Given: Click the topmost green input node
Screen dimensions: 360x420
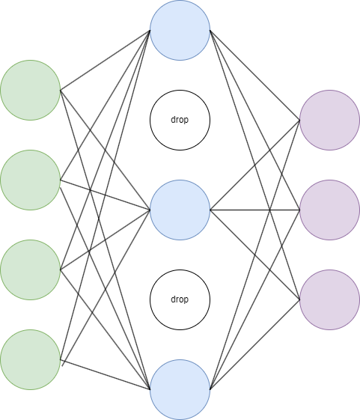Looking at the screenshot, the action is pos(30,91).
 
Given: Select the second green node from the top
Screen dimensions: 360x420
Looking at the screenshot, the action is pos(30,180).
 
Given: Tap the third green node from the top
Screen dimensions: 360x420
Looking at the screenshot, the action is pos(30,270).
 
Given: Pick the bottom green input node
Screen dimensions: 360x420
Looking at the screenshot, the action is pos(30,359).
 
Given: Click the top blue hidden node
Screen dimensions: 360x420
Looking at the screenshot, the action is pos(180,30).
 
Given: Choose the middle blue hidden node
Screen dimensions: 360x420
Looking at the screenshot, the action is pos(180,210).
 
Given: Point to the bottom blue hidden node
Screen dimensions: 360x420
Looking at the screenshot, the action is pos(180,390).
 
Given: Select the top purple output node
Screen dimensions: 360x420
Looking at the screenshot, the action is pos(330,120).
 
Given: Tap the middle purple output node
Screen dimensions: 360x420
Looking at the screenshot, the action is pos(330,210).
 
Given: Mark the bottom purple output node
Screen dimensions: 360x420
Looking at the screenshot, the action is pos(330,299).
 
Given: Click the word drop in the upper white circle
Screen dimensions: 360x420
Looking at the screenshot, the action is pos(180,120).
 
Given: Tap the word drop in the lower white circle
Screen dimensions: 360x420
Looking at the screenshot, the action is pos(180,299).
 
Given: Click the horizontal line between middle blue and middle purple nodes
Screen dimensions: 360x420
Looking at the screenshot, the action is pos(255,210).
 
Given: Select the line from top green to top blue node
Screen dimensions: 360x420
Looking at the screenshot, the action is pos(106,61).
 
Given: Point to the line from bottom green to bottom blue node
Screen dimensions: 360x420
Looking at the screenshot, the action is pos(106,374).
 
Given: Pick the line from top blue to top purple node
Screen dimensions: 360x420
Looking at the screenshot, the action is pos(255,76).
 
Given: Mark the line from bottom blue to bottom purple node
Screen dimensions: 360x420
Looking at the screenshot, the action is pos(255,344).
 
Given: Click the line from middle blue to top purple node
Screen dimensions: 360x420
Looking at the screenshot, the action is pos(255,165).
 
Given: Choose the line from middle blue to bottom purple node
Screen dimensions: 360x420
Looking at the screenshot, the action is pos(255,255).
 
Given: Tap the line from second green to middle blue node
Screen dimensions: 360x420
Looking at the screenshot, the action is pos(106,195).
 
